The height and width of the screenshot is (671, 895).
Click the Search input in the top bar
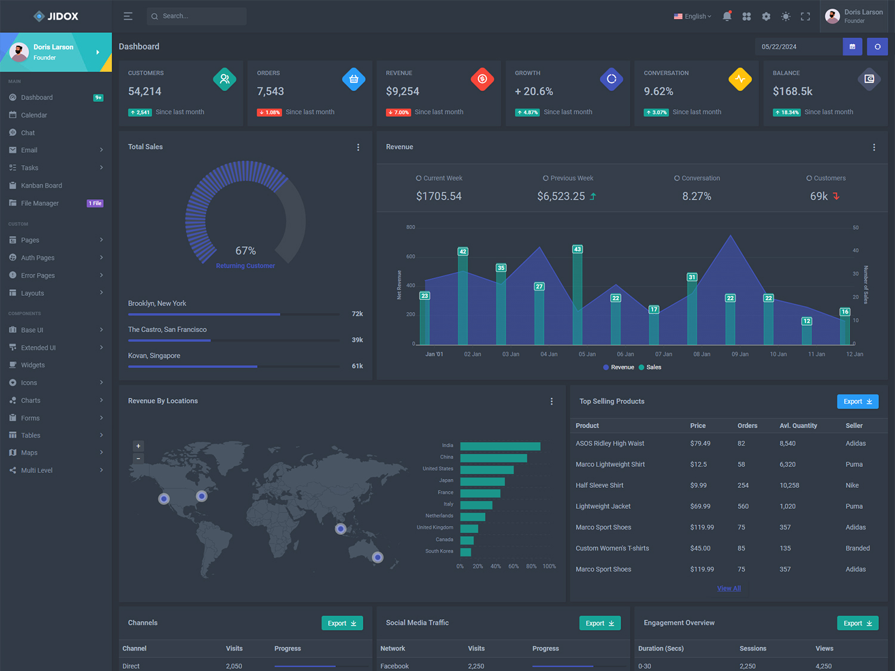197,16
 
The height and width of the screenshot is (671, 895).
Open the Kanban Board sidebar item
41,185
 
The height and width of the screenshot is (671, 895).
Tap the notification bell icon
727,17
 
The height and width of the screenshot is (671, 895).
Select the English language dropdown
693,17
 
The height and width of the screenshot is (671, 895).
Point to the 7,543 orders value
270,91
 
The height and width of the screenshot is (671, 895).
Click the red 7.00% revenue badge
399,112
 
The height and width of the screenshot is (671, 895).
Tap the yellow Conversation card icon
740,79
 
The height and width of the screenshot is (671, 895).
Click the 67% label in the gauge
245,251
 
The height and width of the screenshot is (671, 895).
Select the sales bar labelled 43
577,295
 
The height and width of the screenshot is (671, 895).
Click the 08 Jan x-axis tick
702,354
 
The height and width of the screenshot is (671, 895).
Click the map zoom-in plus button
138,446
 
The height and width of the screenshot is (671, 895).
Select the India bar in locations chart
500,446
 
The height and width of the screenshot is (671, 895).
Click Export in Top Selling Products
857,402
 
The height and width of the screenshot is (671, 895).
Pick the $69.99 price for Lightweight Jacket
700,506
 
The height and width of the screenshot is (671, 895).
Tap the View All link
729,589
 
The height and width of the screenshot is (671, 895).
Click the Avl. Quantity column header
798,426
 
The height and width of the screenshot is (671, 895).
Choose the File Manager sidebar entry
40,203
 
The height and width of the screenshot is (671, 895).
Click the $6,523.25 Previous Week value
561,196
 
